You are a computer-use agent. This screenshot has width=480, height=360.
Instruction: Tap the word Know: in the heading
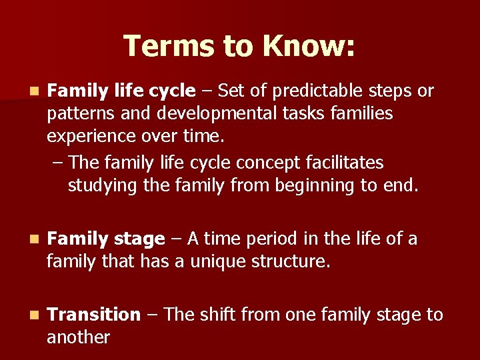pos(309,46)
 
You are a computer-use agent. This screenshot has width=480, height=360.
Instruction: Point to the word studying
pos(103,185)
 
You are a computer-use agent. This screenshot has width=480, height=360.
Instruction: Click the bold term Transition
pos(94,314)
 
